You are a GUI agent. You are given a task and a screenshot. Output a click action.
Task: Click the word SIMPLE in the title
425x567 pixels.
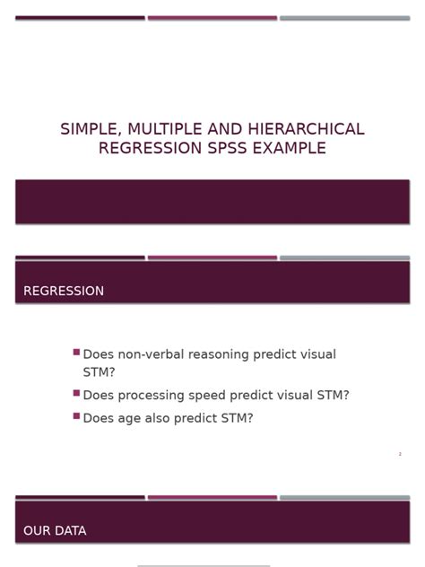click(x=88, y=129)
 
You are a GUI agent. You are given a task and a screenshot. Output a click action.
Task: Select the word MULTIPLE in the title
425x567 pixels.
click(x=160, y=129)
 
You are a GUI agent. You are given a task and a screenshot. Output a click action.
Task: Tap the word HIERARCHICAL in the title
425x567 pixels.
click(x=306, y=129)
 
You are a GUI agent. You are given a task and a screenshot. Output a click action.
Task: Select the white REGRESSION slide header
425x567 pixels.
click(x=64, y=292)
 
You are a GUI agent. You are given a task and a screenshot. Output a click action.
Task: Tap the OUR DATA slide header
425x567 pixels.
click(x=55, y=531)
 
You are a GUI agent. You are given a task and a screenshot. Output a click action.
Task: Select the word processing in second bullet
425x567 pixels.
click(x=158, y=396)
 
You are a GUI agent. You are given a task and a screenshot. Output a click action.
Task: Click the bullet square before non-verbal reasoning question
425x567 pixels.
click(x=76, y=353)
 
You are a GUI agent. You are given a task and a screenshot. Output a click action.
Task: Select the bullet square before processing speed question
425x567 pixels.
click(x=76, y=393)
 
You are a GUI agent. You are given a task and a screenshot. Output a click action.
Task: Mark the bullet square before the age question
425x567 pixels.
click(x=76, y=415)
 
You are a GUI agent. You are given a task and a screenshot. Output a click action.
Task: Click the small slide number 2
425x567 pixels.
click(x=400, y=455)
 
